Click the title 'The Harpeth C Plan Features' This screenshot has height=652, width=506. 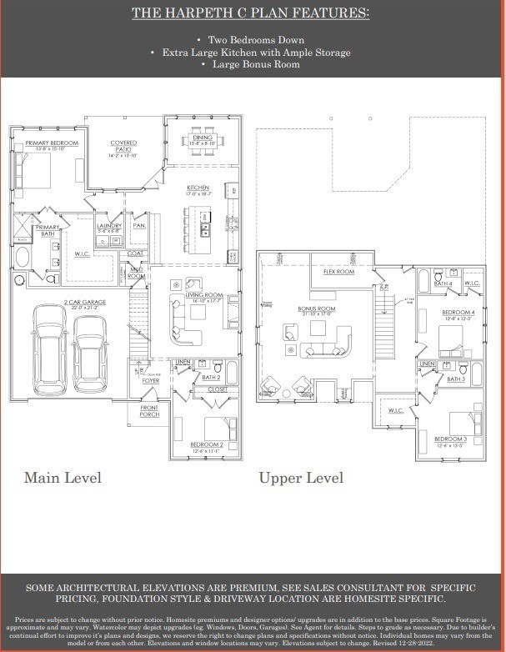coord(251,14)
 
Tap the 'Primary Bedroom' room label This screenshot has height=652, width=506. coord(52,143)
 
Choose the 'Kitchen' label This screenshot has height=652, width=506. coord(197,188)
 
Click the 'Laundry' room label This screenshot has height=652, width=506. coord(109,225)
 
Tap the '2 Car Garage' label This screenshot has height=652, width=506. coord(83,303)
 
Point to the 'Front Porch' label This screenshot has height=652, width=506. coord(149,411)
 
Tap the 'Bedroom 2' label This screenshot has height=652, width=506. coord(206,444)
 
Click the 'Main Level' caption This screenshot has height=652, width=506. coord(63,478)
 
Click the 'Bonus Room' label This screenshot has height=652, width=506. coord(317,308)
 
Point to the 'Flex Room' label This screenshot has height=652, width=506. coord(338,272)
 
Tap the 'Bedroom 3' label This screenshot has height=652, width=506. coord(450,439)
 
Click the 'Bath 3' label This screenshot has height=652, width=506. coord(455,379)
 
